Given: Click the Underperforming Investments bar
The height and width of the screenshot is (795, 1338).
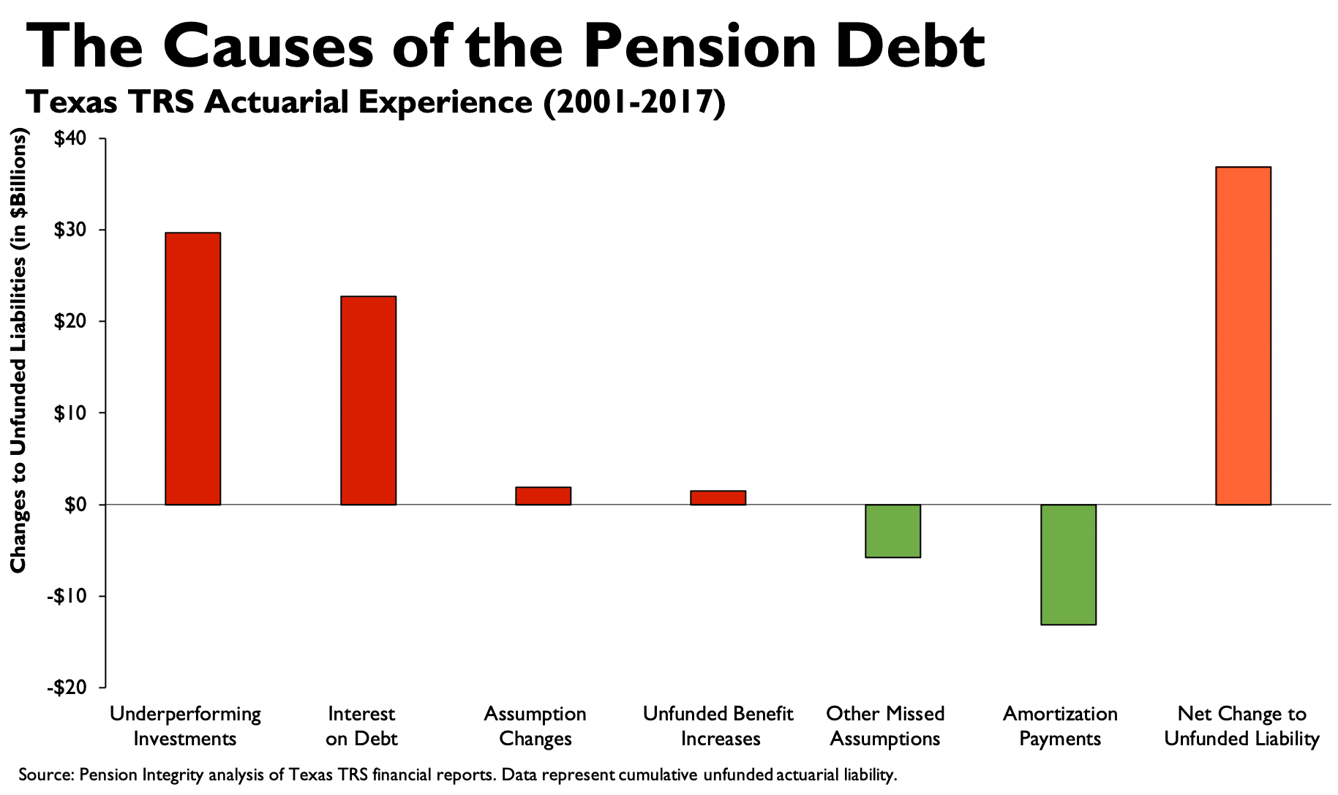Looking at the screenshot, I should pos(192,369).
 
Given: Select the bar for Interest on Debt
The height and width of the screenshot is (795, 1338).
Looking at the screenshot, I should pos(368,400).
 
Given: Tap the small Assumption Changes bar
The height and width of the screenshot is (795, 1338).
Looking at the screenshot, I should pos(543,496).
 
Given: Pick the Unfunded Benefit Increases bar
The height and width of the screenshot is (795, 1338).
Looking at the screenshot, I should pos(718,497).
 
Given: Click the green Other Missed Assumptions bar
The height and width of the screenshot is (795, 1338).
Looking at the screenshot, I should pos(892,531).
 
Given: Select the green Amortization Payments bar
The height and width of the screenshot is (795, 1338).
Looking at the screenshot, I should pos(1068,564).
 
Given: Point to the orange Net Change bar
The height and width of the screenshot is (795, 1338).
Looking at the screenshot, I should pos(1243,336).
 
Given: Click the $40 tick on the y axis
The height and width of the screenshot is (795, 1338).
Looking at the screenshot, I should pos(70,138).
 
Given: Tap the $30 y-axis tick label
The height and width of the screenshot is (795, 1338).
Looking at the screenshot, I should pos(70,230).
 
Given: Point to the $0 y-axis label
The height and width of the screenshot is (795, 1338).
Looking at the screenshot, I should pos(75,505).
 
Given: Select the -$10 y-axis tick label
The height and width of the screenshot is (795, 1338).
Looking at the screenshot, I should pos(67,596).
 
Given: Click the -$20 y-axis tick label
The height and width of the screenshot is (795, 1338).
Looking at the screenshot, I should pos(67,687).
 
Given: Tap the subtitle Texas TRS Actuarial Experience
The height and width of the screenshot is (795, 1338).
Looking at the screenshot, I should pos(375,102).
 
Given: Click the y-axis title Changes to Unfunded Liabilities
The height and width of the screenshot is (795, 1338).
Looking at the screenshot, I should pos(18,351).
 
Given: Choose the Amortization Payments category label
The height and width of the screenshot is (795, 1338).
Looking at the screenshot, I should pos(1060,726).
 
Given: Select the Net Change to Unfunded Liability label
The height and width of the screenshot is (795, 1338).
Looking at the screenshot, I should pos(1241,726).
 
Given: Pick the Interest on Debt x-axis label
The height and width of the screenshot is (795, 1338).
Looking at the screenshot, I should pos(361,726).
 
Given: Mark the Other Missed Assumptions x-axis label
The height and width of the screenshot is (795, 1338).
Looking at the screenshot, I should pos(885,726).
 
